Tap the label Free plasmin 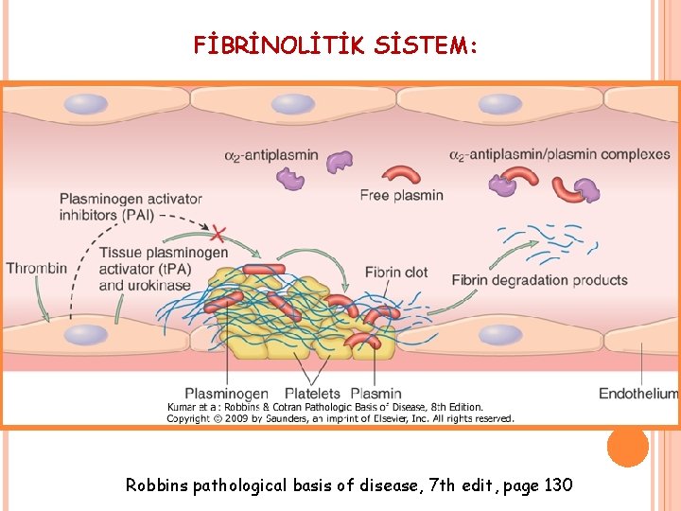tap(401, 195)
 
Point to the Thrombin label tap(37, 268)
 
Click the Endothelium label tap(638, 393)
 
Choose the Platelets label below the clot tap(311, 393)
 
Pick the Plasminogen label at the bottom tap(226, 393)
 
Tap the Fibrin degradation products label tap(539, 280)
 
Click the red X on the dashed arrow tap(218, 232)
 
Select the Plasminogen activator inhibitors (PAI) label tap(131, 206)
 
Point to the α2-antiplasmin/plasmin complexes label tap(559, 154)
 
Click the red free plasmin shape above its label tap(402, 175)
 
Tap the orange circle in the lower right tap(628, 445)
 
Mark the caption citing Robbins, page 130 tap(349, 485)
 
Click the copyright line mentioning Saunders tap(340, 417)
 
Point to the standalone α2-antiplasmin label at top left tap(271, 154)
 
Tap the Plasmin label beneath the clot tap(375, 393)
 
